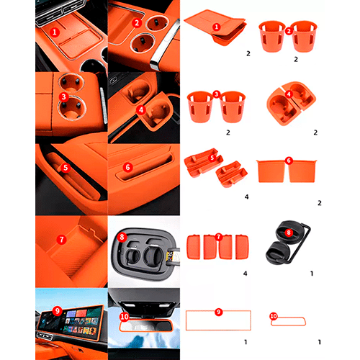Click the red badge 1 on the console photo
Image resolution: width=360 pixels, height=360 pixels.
55,32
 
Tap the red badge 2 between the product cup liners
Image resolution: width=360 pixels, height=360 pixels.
289,31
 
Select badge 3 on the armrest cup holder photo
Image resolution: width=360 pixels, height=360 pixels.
63,97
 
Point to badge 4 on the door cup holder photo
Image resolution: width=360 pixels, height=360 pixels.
141,110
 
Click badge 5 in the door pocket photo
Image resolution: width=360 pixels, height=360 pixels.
66,168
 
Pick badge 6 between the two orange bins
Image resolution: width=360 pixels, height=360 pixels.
289,161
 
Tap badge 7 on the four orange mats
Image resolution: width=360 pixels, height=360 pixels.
218,237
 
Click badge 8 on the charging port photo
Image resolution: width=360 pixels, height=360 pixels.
122,237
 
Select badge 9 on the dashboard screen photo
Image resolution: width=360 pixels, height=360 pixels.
58,311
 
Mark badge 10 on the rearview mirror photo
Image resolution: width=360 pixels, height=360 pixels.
125,317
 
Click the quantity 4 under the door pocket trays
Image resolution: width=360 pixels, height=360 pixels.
246,197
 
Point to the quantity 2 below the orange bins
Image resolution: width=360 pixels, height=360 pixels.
320,203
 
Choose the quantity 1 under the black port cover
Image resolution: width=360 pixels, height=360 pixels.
312,274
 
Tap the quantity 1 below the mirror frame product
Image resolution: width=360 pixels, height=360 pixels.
320,342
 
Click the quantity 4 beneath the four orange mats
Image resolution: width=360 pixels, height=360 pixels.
245,274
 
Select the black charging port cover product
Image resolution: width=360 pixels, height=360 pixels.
288,243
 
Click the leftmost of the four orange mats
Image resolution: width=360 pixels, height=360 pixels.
194,247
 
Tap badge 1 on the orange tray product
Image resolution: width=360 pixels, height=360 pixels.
217,27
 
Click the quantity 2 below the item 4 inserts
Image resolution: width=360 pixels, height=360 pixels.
315,132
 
